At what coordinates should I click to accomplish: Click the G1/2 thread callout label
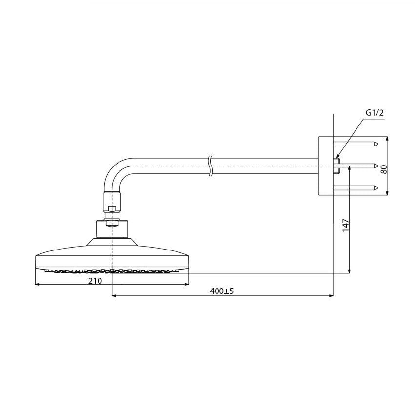pos(375,113)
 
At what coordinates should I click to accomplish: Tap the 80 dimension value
pos(384,169)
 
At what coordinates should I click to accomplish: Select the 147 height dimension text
pos(346,226)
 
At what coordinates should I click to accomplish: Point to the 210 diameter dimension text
pos(95,281)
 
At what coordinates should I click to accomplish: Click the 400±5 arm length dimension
pos(222,291)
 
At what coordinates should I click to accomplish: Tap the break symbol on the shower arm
pos(211,166)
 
